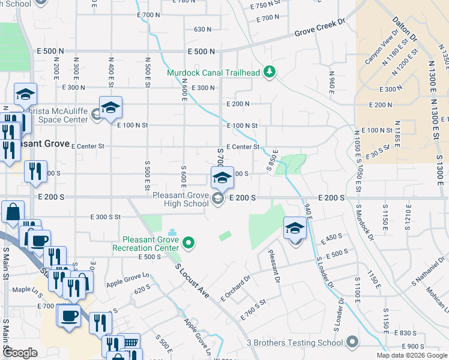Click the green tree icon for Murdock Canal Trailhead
point(270,73)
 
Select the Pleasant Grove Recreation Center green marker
point(189,243)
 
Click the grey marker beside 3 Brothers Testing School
point(352,343)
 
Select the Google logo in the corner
point(20,353)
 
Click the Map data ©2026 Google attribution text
point(412,355)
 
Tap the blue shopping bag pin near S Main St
point(13,212)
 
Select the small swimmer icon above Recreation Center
point(173,232)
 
